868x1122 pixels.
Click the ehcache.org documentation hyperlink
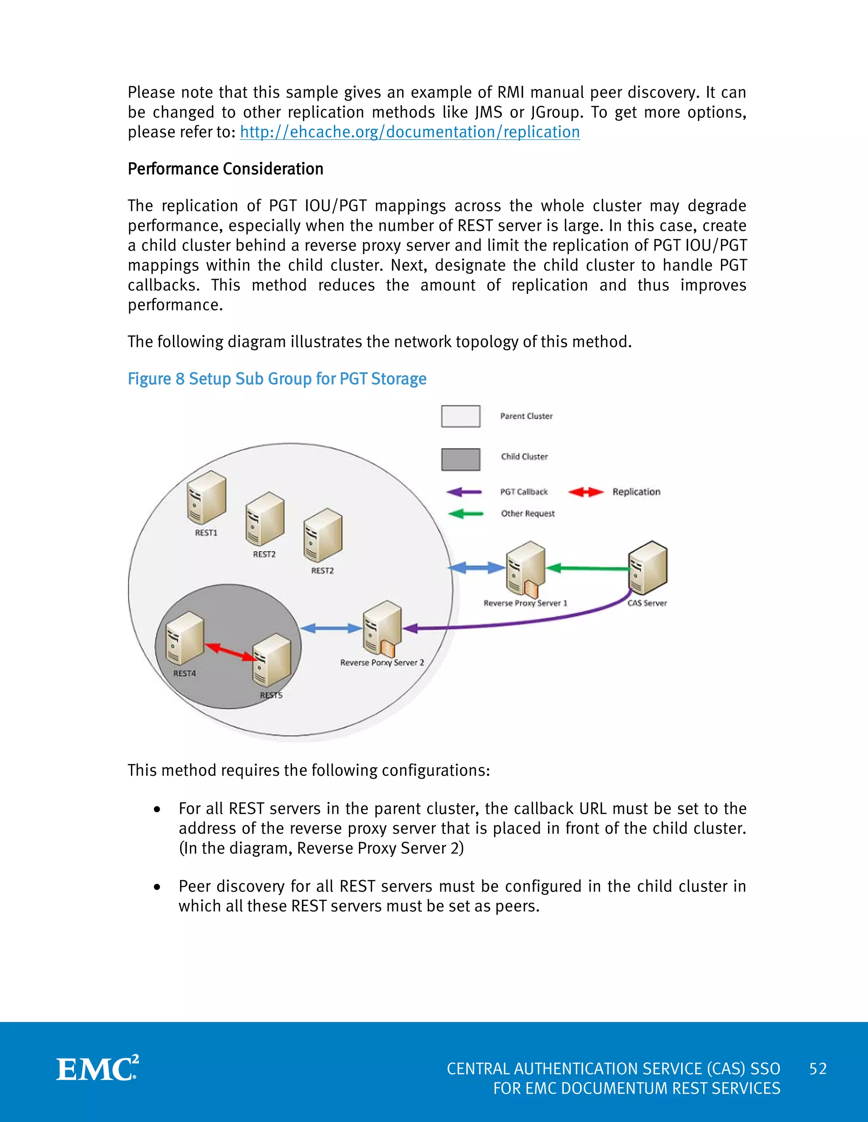410,132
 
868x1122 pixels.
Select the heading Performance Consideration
225,169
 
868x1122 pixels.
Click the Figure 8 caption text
277,379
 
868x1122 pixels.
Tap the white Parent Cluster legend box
460,416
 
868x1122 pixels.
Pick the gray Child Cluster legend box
460,459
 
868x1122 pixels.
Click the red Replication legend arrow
586,492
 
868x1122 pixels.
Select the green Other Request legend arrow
465,513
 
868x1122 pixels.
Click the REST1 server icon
206,497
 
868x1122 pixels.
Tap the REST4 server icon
185,638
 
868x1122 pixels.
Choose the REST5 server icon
272,660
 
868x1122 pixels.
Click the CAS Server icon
648,568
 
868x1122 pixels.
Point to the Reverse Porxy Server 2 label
382,663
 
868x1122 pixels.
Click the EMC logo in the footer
97,1069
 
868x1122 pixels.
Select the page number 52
818,1069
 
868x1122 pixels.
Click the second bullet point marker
157,887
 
